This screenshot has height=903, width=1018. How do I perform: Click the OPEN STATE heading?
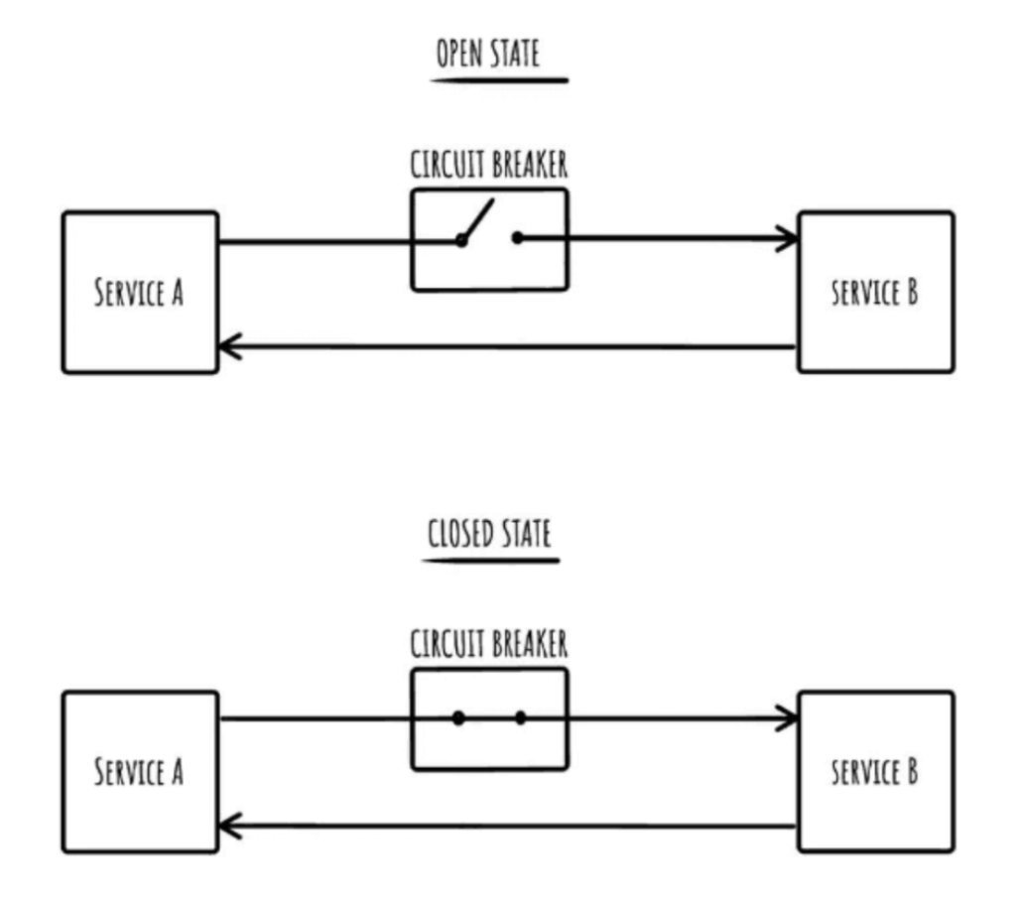[488, 54]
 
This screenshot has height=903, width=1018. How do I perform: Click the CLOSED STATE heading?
[489, 533]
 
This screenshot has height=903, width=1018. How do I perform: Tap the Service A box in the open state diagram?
[140, 293]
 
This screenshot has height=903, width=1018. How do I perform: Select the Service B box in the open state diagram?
[875, 293]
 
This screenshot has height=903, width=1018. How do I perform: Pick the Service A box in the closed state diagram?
[140, 772]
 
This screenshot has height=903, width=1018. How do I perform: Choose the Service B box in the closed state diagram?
[875, 772]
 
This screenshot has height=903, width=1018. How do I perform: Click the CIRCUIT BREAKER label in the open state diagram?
[489, 165]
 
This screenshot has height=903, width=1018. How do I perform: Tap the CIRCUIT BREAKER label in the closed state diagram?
[489, 644]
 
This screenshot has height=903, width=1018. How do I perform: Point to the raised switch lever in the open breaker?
[477, 218]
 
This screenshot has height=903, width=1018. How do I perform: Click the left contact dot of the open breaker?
[461, 239]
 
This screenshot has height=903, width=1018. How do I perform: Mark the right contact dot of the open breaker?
[517, 238]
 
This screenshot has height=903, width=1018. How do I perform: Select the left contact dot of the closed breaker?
[458, 717]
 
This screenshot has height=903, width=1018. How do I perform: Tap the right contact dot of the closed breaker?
[520, 717]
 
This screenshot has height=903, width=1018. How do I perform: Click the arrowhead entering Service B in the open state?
[790, 239]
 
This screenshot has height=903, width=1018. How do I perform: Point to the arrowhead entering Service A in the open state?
[227, 346]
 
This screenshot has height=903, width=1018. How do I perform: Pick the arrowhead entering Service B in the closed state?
[790, 717]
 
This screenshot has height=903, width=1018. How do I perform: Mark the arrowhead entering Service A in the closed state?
[227, 825]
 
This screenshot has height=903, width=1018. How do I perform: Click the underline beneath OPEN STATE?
[499, 78]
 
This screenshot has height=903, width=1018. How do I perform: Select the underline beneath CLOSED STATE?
[491, 560]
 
